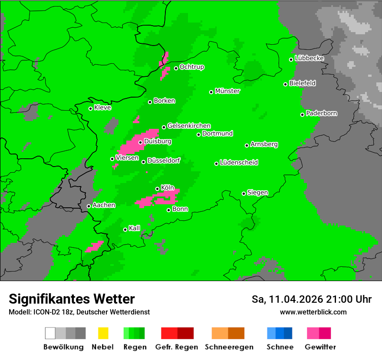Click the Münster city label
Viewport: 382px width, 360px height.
pos(227,91)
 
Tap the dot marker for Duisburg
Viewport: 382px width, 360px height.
pos(140,142)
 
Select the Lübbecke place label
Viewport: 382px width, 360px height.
pos(309,58)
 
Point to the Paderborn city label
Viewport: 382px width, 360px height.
pos(321,113)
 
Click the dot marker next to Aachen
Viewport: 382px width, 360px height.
pos(89,206)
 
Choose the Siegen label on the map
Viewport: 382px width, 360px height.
pos(257,193)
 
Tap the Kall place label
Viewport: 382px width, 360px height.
pos(135,228)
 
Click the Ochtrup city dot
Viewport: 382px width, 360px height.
pos(176,68)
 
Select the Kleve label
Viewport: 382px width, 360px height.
pos(102,108)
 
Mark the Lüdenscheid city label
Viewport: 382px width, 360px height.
pos(239,163)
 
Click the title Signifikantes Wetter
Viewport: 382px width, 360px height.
pos(72,299)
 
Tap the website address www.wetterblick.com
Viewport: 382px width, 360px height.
pos(313,312)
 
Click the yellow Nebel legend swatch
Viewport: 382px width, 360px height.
pos(102,333)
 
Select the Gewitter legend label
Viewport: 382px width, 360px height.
pos(320,347)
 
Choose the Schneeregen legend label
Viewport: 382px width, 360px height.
pos(229,347)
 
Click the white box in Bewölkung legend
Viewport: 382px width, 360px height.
pos(50,333)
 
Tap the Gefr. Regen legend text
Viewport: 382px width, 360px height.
pos(176,347)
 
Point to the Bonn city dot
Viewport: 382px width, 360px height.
pos(168,210)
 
